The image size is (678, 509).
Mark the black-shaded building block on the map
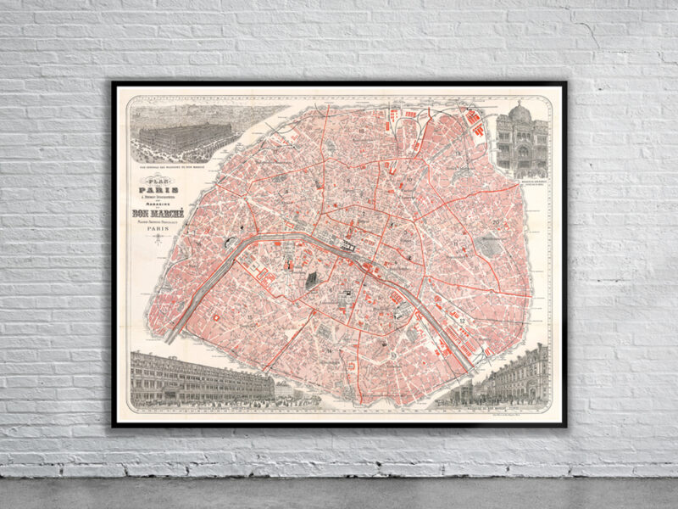pyautogui.click(x=311, y=278)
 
